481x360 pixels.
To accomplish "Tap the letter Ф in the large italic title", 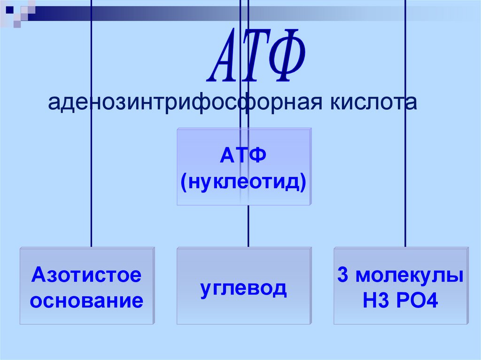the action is [284, 55].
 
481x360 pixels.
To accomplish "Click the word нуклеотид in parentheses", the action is [244, 181].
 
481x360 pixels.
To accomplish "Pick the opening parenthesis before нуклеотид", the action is [184, 181].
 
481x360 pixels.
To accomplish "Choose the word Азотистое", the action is [86, 275].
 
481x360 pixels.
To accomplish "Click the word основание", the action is [86, 300].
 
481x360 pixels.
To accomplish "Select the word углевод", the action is [243, 288].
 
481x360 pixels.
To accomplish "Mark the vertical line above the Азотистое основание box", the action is [91, 188].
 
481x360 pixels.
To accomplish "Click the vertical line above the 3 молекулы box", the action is [405, 188].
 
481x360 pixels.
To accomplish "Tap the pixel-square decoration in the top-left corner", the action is [17, 12].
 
